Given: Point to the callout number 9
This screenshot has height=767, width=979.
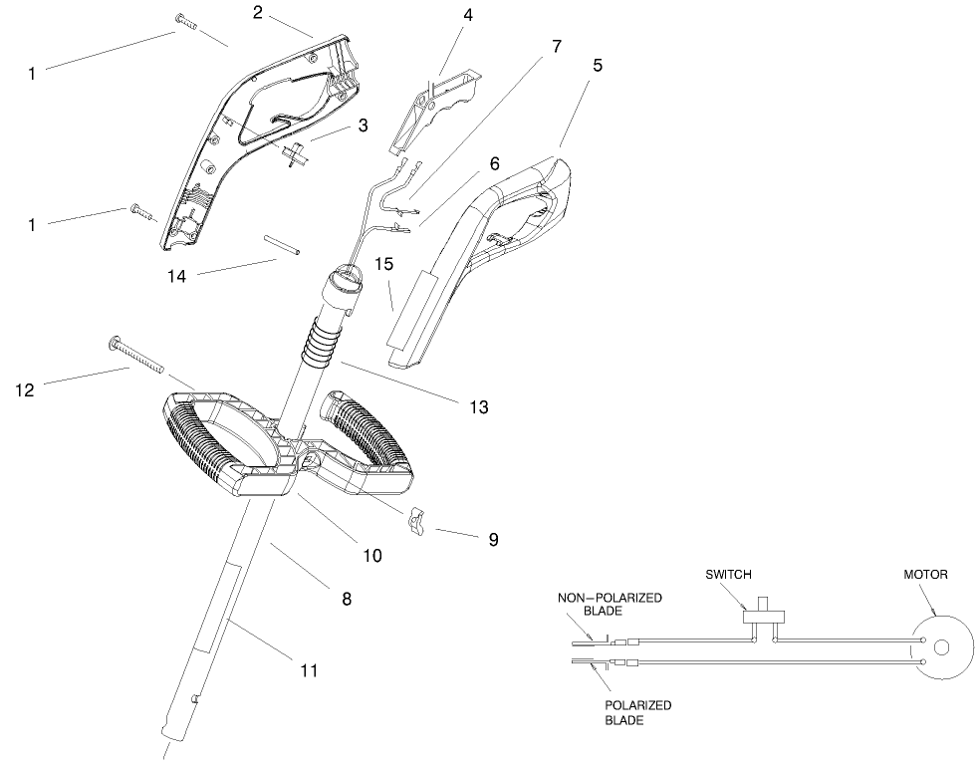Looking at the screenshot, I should tap(492, 539).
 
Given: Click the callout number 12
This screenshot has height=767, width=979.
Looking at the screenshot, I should tap(26, 389).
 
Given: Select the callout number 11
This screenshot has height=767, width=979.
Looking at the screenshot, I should tap(309, 670).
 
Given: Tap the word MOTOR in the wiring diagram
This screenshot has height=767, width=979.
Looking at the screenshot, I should tap(925, 575).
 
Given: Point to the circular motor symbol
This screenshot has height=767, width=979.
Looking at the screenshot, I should tap(941, 647).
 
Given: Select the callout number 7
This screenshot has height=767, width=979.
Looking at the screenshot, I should tap(556, 46).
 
